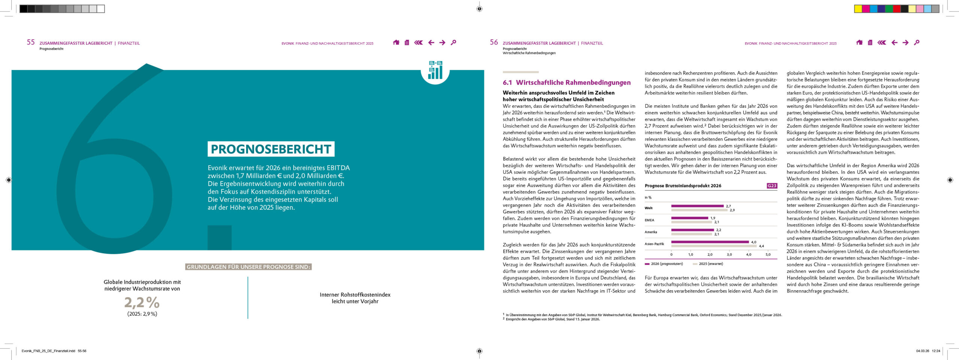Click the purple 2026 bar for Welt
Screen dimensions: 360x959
click(697, 206)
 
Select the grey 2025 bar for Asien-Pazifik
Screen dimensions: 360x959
click(714, 246)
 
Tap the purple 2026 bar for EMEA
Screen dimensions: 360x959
click(689, 218)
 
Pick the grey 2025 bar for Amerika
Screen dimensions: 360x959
click(692, 234)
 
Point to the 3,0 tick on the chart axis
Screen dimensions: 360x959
click(729, 255)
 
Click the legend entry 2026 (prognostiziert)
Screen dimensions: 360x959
click(666, 264)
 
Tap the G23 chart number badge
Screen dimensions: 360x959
click(772, 186)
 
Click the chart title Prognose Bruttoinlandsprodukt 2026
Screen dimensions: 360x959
click(683, 186)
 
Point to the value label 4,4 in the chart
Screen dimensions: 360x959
click(761, 246)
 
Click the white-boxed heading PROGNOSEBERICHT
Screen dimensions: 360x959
click(271, 149)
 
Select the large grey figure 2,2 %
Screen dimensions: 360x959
click(142, 302)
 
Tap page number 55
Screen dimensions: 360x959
click(31, 42)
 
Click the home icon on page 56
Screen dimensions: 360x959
click(859, 43)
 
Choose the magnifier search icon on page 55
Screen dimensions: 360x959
click(453, 43)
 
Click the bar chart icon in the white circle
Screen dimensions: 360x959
click(435, 70)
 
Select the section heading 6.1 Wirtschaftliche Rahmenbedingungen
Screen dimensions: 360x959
click(566, 82)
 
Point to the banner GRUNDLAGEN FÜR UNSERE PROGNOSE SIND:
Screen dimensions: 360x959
click(248, 267)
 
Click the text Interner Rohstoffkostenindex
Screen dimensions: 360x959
click(355, 295)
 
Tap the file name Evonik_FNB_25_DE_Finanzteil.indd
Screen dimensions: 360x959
click(49, 351)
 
